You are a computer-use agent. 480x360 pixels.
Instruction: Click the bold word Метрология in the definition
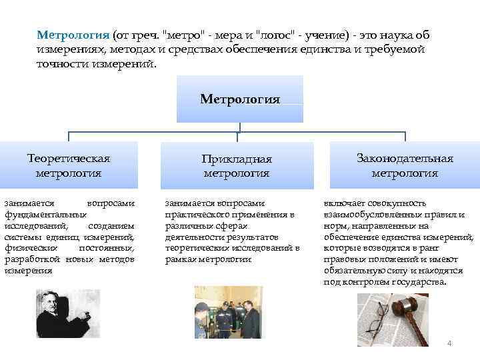pyautogui.click(x=73, y=34)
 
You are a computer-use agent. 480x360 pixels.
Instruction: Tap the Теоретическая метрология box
pyautogui.click(x=69, y=165)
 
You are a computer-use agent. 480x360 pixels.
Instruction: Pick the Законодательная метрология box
pyautogui.click(x=405, y=165)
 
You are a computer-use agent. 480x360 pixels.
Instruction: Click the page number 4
pyautogui.click(x=449, y=343)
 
